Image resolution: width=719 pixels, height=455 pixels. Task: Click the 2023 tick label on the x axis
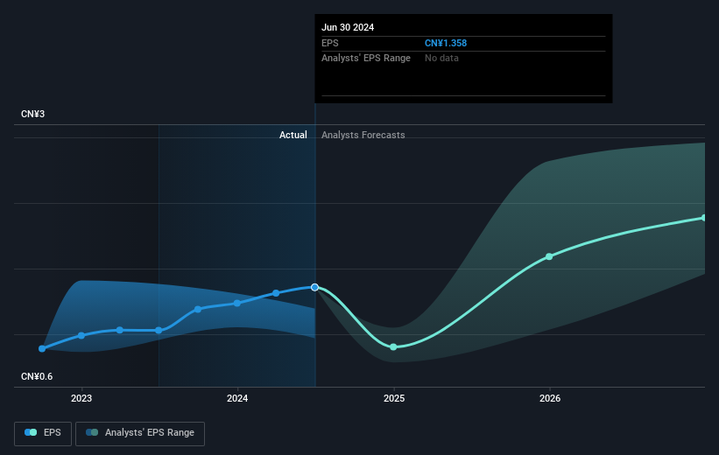tap(81, 398)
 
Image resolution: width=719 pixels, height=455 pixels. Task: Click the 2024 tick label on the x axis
tap(237, 398)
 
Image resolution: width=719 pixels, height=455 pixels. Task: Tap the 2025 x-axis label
tap(394, 398)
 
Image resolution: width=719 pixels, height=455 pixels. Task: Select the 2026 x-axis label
tap(550, 398)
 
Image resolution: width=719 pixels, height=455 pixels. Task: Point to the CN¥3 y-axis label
tap(32, 114)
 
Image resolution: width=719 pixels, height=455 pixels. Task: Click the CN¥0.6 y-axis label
tap(37, 376)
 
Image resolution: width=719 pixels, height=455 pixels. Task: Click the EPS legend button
tap(43, 433)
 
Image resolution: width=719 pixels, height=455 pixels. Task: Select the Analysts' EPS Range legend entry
tap(140, 433)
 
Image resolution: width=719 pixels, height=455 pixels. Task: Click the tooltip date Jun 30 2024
tap(348, 27)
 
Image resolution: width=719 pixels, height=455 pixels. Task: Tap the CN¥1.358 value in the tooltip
tap(446, 43)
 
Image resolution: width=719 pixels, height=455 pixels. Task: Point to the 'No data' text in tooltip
tap(441, 59)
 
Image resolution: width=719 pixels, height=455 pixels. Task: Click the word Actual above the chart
tap(293, 135)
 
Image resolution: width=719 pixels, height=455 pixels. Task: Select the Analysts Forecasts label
tap(363, 135)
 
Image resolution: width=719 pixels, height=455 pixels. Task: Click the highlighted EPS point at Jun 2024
tap(314, 287)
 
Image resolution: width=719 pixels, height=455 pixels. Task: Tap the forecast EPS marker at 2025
tap(393, 346)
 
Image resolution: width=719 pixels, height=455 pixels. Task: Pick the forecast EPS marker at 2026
tap(549, 256)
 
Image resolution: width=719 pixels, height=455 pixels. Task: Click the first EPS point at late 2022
tap(42, 349)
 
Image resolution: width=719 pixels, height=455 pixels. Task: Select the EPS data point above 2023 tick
tap(81, 335)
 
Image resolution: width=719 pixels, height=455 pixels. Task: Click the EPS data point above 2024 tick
tap(237, 303)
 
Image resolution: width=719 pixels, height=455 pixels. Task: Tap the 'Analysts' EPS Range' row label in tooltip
tap(366, 59)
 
